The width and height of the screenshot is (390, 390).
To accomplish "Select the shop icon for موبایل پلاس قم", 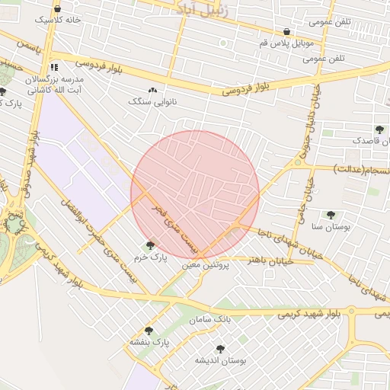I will coord(286,32).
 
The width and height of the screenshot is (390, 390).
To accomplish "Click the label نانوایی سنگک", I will coord(152,101).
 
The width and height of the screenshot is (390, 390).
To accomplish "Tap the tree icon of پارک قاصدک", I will coord(379,129).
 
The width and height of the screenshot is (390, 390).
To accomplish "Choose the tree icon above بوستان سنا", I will coord(331,215).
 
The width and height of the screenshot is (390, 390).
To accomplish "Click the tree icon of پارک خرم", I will coord(149,245).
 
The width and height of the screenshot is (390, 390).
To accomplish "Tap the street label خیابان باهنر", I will coord(268,260).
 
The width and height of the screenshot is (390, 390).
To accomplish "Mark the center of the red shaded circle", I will coord(195,195).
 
